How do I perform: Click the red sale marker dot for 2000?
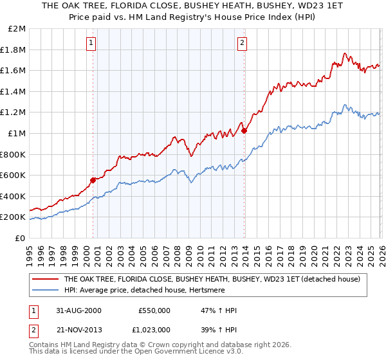93,180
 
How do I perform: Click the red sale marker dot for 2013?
244,130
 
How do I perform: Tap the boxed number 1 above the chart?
91,43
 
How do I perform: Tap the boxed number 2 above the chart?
242,43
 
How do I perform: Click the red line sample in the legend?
45,279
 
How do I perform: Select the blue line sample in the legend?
45,290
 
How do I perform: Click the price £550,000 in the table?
154,310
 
